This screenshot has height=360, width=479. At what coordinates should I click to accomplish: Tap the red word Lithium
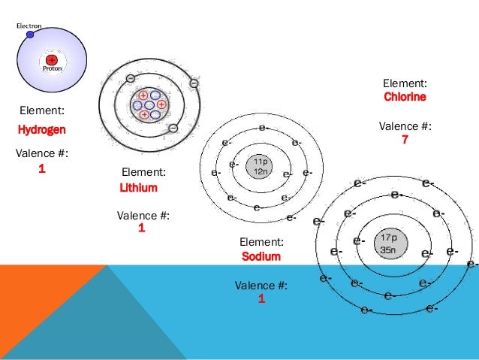(x=139, y=188)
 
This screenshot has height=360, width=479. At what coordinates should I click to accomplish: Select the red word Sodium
(x=261, y=256)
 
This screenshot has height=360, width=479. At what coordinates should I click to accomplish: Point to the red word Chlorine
(x=405, y=98)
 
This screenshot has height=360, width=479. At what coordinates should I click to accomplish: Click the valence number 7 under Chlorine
(x=405, y=140)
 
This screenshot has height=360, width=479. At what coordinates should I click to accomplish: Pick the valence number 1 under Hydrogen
(x=42, y=169)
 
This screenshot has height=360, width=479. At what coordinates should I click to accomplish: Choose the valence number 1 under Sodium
(x=261, y=299)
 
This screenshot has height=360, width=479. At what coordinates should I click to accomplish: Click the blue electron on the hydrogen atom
(x=30, y=34)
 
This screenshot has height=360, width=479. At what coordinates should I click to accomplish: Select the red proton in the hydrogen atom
(x=51, y=59)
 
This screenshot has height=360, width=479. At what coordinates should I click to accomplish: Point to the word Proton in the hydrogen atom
(x=52, y=69)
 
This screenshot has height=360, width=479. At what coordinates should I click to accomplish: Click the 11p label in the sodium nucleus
(x=261, y=162)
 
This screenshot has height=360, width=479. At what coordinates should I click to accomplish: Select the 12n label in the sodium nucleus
(x=261, y=171)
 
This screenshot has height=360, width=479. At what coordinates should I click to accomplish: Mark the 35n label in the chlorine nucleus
(x=389, y=250)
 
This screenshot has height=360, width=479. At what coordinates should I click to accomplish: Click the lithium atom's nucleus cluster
(x=149, y=104)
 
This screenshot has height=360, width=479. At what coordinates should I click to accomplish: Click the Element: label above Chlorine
(x=405, y=83)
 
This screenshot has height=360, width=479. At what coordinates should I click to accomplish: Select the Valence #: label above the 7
(x=405, y=126)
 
